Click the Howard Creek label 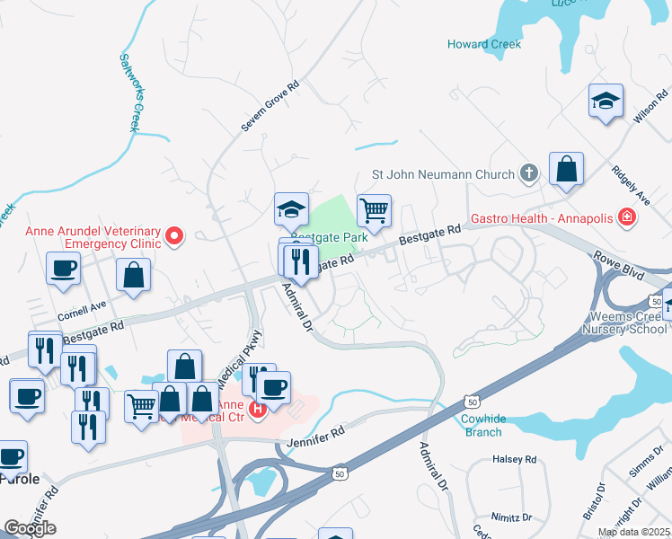[484, 44]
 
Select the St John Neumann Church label [444, 174]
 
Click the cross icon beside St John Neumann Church [529, 173]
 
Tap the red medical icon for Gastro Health [626, 217]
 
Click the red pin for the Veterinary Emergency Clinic [175, 237]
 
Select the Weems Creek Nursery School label [628, 323]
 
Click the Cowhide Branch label [482, 425]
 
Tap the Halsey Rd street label [515, 459]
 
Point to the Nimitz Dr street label [514, 517]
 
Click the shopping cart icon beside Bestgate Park [374, 211]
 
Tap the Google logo [31, 527]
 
